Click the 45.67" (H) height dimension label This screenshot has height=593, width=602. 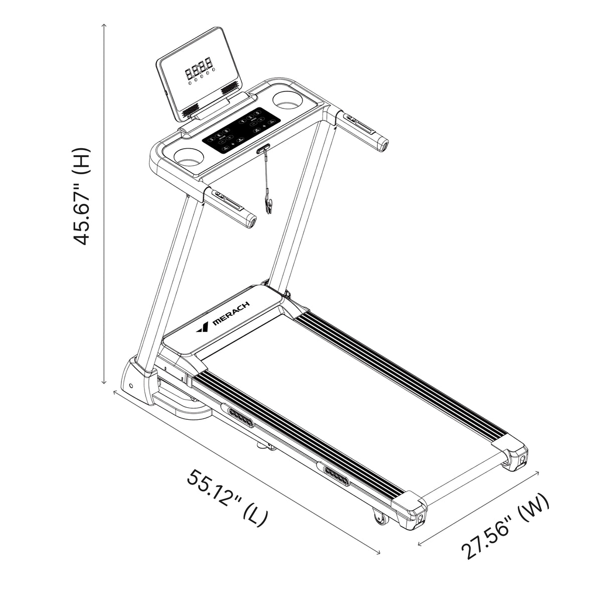82,196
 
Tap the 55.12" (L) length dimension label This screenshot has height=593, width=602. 227,497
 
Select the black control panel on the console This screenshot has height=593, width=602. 241,130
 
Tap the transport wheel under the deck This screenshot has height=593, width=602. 379,519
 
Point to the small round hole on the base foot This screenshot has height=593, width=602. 131,387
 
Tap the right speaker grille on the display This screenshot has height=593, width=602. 230,87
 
